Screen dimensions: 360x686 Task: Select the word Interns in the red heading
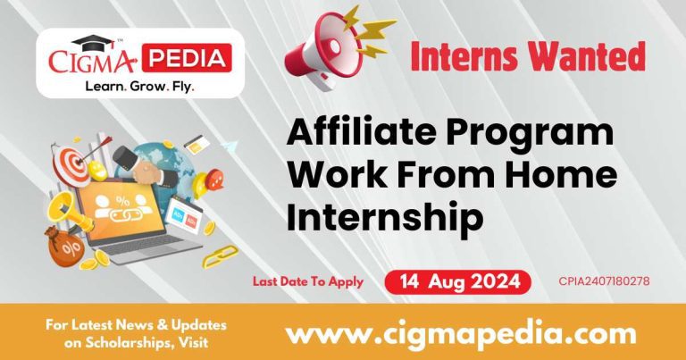pyautogui.click(x=472, y=58)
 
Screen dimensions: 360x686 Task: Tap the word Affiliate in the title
pyautogui.click(x=360, y=135)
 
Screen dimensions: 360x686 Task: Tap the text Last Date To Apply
pyautogui.click(x=307, y=281)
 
